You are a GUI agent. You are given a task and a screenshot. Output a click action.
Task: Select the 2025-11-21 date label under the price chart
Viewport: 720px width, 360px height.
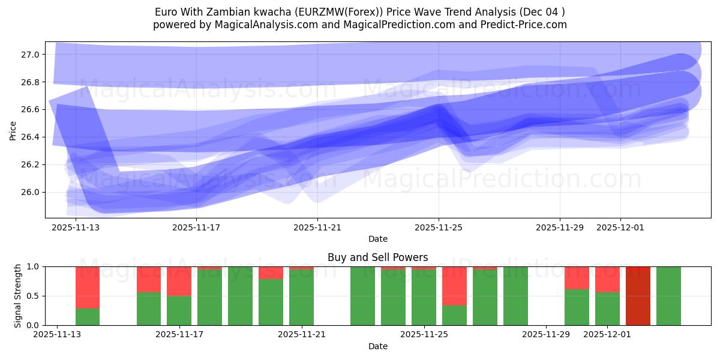pyautogui.click(x=317, y=228)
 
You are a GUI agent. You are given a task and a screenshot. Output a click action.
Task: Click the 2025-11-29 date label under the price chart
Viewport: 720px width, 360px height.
pyautogui.click(x=560, y=228)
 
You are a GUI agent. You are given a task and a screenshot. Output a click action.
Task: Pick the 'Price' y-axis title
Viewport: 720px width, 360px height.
pyautogui.click(x=13, y=130)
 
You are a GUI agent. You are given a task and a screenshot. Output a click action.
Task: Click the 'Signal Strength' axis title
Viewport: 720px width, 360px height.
pyautogui.click(x=17, y=296)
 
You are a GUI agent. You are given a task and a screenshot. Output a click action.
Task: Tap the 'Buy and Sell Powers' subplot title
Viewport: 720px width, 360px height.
pyautogui.click(x=377, y=257)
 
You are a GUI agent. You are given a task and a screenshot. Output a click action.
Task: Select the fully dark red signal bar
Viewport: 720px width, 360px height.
pyautogui.click(x=638, y=296)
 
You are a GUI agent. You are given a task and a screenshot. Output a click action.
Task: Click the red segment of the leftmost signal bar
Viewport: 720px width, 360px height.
pyautogui.click(x=88, y=287)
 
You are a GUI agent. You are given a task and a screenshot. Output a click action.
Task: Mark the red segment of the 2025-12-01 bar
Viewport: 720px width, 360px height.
pyautogui.click(x=607, y=279)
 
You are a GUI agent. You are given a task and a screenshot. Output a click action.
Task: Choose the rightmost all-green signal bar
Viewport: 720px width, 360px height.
pyautogui.click(x=668, y=296)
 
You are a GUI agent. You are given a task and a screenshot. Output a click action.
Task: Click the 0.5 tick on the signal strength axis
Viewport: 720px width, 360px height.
pyautogui.click(x=34, y=296)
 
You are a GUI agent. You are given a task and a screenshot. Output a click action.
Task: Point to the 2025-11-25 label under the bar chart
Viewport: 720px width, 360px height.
pyautogui.click(x=424, y=335)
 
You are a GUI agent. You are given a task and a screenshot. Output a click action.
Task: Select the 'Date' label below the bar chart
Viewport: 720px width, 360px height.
pyautogui.click(x=377, y=346)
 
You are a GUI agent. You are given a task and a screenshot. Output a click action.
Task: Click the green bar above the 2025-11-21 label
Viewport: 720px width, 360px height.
pyautogui.click(x=301, y=298)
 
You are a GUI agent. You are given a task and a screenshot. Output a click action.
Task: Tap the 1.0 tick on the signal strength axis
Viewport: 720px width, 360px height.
pyautogui.click(x=34, y=266)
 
